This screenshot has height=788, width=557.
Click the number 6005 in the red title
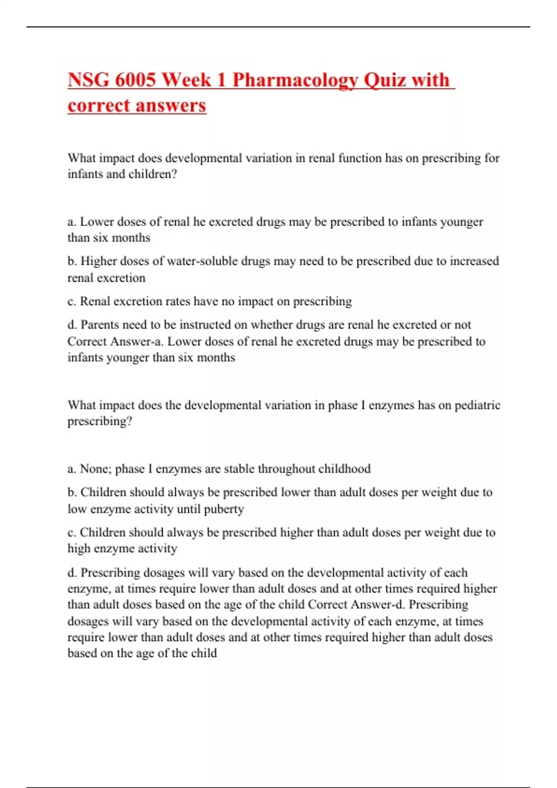pyautogui.click(x=135, y=80)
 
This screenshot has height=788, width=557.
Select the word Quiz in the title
pyautogui.click(x=383, y=80)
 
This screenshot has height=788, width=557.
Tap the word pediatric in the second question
pyautogui.click(x=477, y=405)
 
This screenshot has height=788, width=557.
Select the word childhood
pyautogui.click(x=344, y=469)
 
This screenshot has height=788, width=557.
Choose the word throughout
pyautogui.click(x=286, y=469)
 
